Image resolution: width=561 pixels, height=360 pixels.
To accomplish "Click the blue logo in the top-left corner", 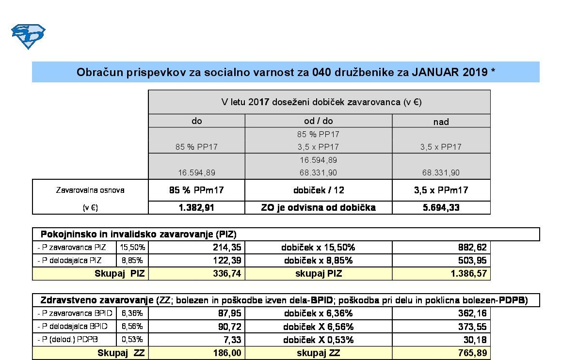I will tap(28, 36).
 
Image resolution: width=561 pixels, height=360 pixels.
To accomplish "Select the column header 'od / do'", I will tap(318, 121).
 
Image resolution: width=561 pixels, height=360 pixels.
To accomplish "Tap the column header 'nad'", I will tap(441, 122).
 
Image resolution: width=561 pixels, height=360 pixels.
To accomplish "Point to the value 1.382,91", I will tap(196, 207).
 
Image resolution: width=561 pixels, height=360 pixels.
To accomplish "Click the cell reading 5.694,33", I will tap(441, 207).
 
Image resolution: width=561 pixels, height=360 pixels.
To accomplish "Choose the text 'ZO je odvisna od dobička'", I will tap(318, 207).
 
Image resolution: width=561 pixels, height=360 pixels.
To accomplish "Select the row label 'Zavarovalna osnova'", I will tap(90, 190).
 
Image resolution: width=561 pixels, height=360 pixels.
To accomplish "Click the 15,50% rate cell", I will tap(133, 247).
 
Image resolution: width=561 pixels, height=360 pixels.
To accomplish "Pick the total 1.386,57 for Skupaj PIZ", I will tap(468, 273).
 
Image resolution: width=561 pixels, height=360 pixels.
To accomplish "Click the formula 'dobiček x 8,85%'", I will tap(318, 260).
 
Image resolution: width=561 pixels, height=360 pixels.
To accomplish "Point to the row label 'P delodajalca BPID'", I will tap(73, 326).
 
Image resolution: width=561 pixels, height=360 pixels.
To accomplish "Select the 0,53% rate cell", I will tap(132, 339).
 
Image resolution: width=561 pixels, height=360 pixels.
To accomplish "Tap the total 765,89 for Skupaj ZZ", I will tap(472, 353).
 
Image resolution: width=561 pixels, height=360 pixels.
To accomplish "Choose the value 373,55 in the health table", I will tap(472, 327).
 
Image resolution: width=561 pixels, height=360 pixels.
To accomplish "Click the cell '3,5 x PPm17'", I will tap(441, 190).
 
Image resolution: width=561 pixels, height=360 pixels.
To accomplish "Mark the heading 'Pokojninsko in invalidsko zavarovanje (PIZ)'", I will tap(138, 234).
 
